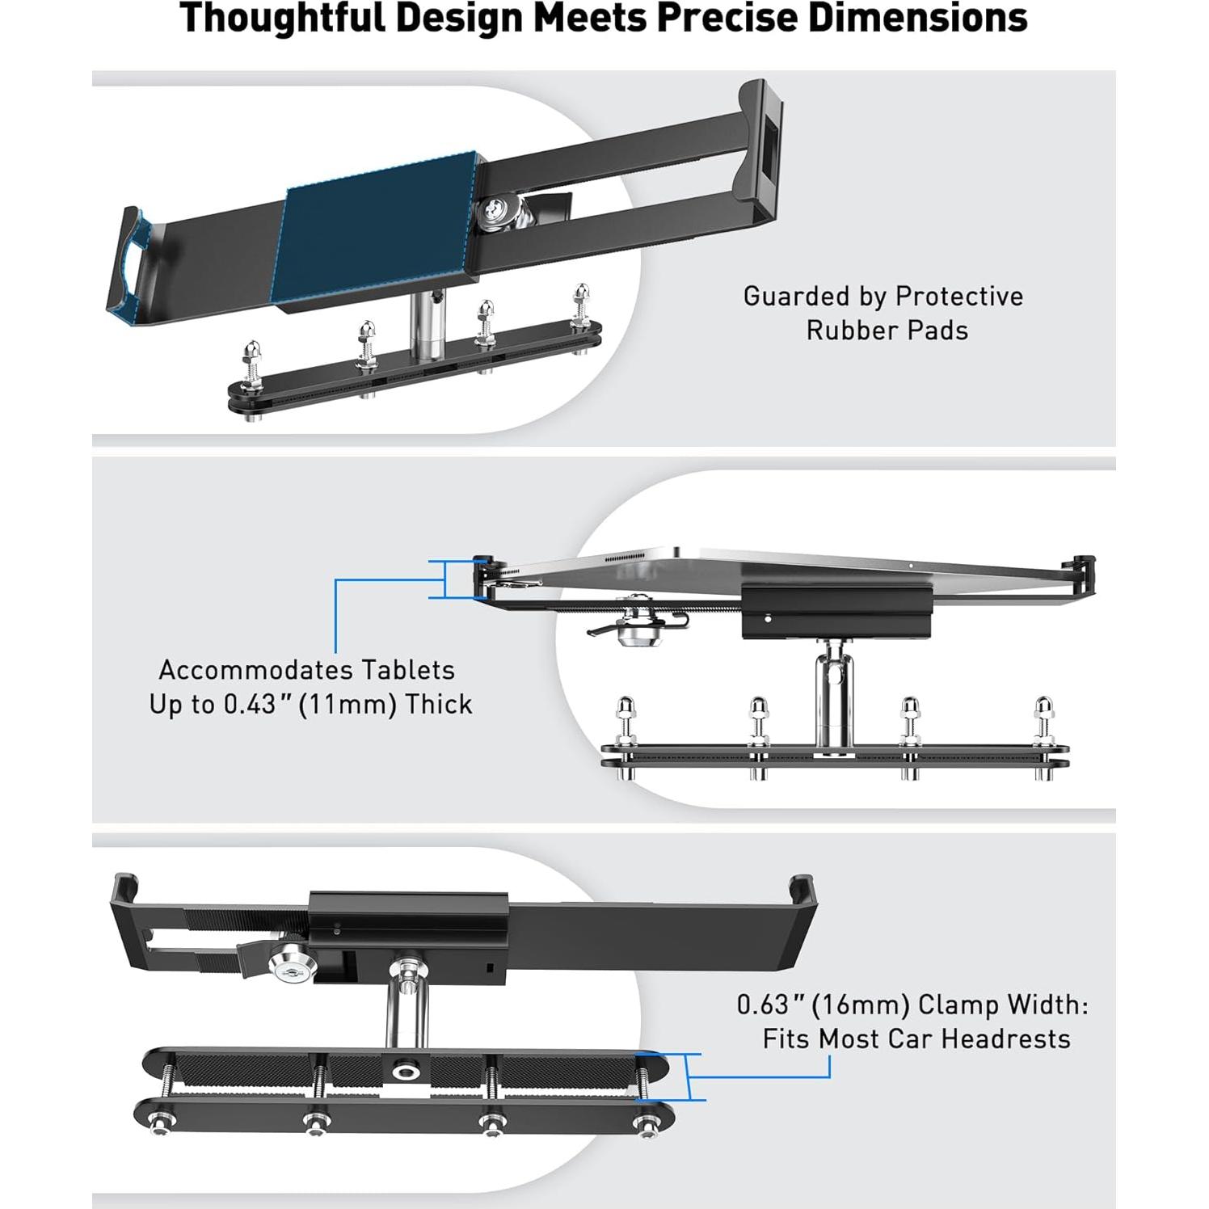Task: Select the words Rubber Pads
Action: (x=887, y=331)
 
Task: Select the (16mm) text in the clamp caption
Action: (x=861, y=1005)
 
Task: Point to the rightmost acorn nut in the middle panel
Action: (x=1044, y=711)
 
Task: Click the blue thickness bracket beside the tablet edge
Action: (x=443, y=579)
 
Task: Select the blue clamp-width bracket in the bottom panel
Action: (x=689, y=1076)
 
